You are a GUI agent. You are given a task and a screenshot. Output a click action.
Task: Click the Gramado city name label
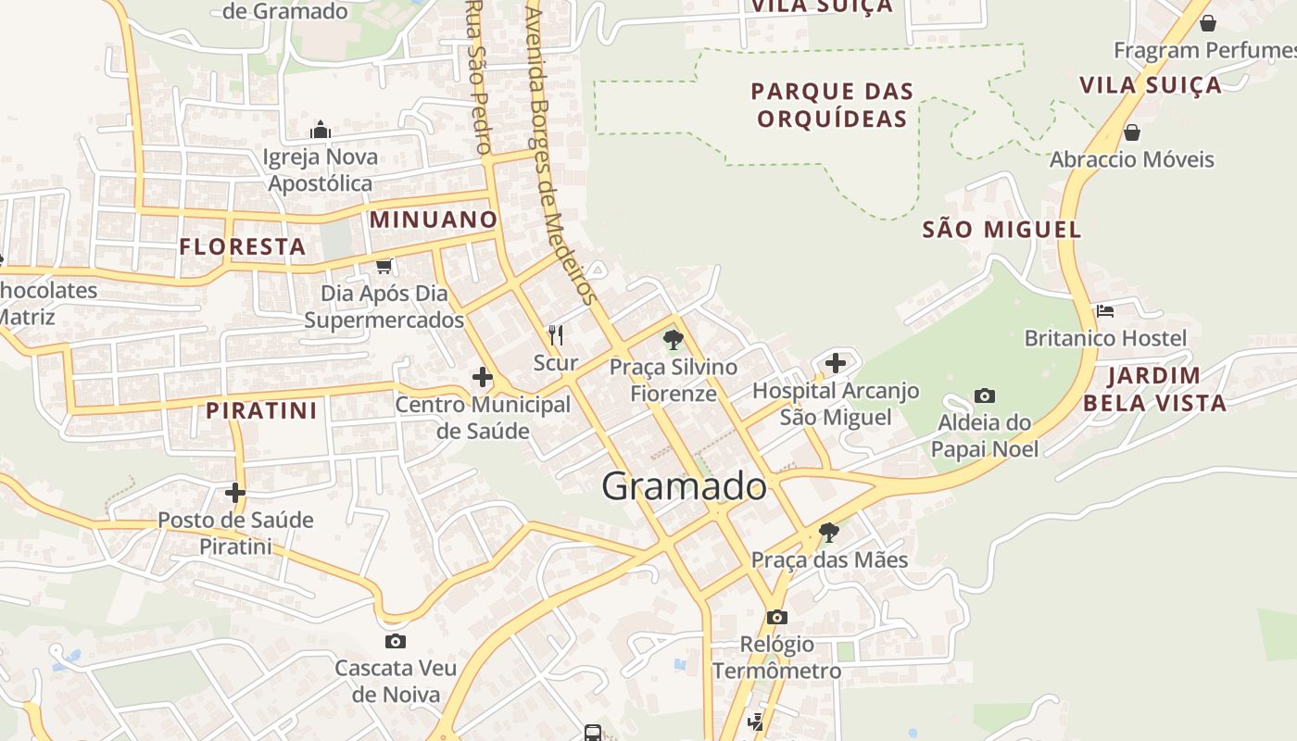pos(685,486)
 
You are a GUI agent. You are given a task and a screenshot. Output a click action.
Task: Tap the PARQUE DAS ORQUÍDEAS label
pos(832,105)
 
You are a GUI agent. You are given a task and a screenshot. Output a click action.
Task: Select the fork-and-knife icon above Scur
pos(556,334)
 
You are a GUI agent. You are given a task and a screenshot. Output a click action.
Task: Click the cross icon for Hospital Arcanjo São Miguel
pos(836,362)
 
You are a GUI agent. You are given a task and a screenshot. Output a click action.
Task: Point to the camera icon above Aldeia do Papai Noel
pos(985,396)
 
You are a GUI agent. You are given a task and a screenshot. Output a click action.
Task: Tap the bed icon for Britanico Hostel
pos(1105,310)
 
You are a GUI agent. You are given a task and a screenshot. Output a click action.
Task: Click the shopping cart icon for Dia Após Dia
pos(384,266)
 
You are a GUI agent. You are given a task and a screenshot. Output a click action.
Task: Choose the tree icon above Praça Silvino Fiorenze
pos(674,339)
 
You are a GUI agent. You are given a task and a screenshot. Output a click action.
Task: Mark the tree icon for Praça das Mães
pos(829,532)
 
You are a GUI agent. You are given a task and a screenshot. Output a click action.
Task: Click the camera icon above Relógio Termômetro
pos(777,617)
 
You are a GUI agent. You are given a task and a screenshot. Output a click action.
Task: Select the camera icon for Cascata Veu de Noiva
pos(396,641)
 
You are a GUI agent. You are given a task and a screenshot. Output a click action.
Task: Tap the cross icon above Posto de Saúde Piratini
pos(235,492)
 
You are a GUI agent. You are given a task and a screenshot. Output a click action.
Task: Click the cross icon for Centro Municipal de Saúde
pos(483,377)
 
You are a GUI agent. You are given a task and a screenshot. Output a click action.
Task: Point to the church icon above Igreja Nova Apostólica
pos(321,130)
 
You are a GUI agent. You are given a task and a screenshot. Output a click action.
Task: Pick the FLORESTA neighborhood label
pos(242,247)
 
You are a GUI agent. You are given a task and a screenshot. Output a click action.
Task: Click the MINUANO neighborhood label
pos(434,220)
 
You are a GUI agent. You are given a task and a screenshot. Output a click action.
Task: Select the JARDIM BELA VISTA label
pos(1154,389)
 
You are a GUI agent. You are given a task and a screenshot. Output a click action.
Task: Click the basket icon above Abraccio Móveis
pos(1131,132)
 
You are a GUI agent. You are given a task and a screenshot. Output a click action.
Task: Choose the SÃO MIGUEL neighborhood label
pos(1001,230)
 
